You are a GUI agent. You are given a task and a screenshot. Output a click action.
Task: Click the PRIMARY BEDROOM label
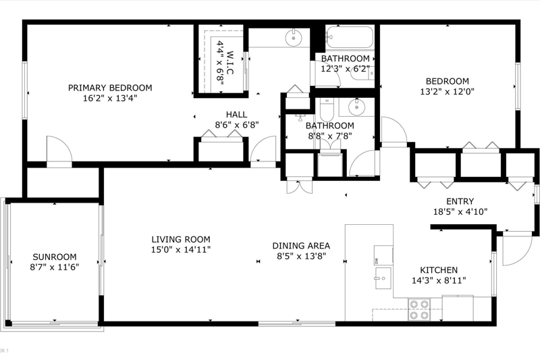tap(110, 88)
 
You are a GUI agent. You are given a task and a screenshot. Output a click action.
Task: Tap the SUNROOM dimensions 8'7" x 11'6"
tap(55, 267)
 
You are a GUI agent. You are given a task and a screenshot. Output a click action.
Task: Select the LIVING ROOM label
tap(181, 239)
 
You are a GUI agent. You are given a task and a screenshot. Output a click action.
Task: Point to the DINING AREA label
tap(301, 246)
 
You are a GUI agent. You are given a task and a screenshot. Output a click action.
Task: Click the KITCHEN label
tap(439, 270)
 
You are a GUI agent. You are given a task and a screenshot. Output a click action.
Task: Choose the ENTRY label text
tap(460, 201)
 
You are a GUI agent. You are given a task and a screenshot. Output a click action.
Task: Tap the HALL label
tap(237, 114)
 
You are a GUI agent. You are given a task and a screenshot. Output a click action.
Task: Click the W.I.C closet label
tap(230, 63)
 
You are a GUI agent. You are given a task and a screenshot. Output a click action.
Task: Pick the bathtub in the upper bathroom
tap(349, 37)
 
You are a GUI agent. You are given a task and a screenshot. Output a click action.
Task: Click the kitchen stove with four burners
tap(419, 309)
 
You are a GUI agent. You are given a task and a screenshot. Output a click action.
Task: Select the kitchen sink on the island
tap(383, 278)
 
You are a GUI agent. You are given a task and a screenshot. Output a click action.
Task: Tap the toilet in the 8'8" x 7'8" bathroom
tap(327, 109)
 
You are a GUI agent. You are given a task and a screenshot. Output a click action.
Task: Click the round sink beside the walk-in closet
tap(294, 38)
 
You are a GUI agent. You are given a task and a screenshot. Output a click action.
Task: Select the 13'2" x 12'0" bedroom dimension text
tap(448, 92)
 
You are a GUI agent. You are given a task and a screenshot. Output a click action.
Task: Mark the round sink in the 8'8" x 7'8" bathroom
tap(356, 107)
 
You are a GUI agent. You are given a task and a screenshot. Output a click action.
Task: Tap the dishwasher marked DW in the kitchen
tap(383, 255)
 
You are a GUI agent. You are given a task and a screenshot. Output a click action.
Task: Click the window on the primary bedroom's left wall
tap(25, 91)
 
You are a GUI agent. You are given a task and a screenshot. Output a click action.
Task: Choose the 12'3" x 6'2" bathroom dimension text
tap(346, 69)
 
